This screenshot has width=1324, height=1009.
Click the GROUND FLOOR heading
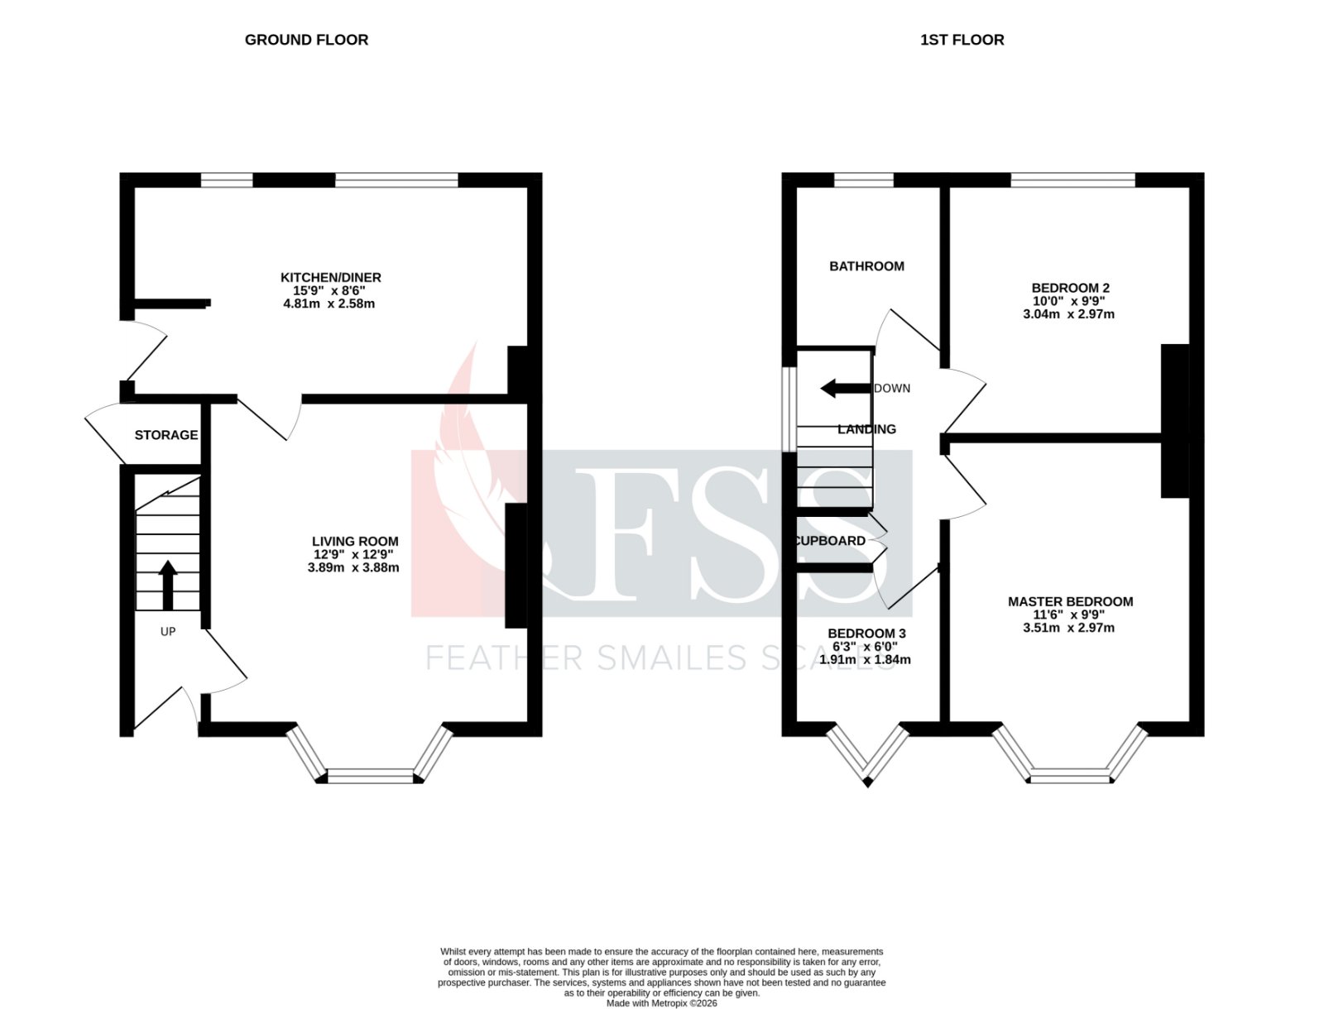coord(306,40)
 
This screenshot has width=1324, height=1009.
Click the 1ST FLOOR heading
coord(962,40)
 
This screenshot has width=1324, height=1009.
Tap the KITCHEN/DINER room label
coord(330,277)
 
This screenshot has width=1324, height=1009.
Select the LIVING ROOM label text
coord(354,542)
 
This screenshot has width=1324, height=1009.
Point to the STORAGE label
coord(165,435)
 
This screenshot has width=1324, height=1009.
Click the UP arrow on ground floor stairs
coord(167,584)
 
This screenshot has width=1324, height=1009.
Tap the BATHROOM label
coord(866,266)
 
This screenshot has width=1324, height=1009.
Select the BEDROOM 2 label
coord(1069,288)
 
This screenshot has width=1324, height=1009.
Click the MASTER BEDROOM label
coord(1070,601)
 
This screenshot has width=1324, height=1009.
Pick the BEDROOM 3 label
coord(866,634)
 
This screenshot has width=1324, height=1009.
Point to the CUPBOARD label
coord(830,541)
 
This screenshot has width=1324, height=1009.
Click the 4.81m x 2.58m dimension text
coord(329,304)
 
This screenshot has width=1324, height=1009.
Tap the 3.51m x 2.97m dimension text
coord(1068,628)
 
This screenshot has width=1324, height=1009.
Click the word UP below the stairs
coord(167,632)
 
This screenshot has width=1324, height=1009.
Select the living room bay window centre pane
coord(370,775)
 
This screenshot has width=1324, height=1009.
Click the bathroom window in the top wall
coord(863,179)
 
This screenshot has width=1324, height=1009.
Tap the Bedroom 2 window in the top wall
coord(1072,179)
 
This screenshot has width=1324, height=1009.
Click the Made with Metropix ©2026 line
coord(661,1003)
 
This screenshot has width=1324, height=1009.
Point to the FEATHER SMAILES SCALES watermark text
coord(654,658)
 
